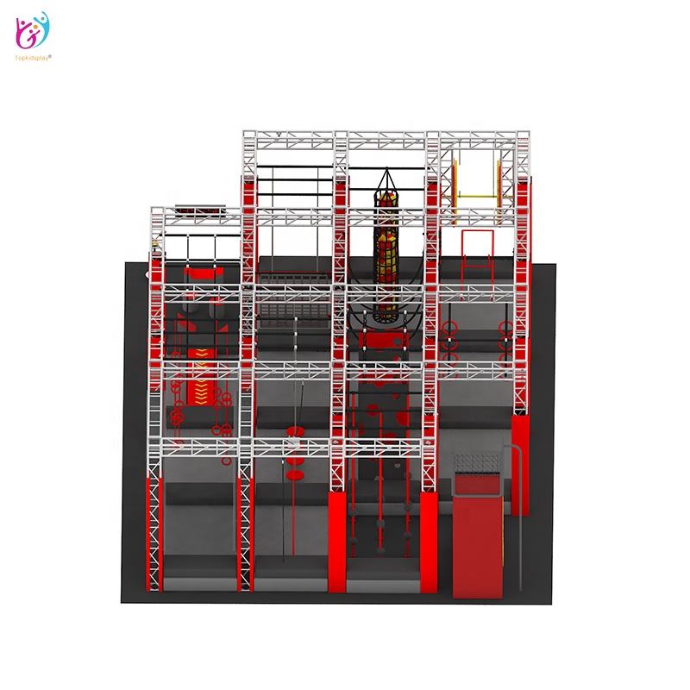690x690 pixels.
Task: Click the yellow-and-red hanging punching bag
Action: [x=382, y=259]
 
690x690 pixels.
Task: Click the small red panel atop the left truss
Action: [x=195, y=207]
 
